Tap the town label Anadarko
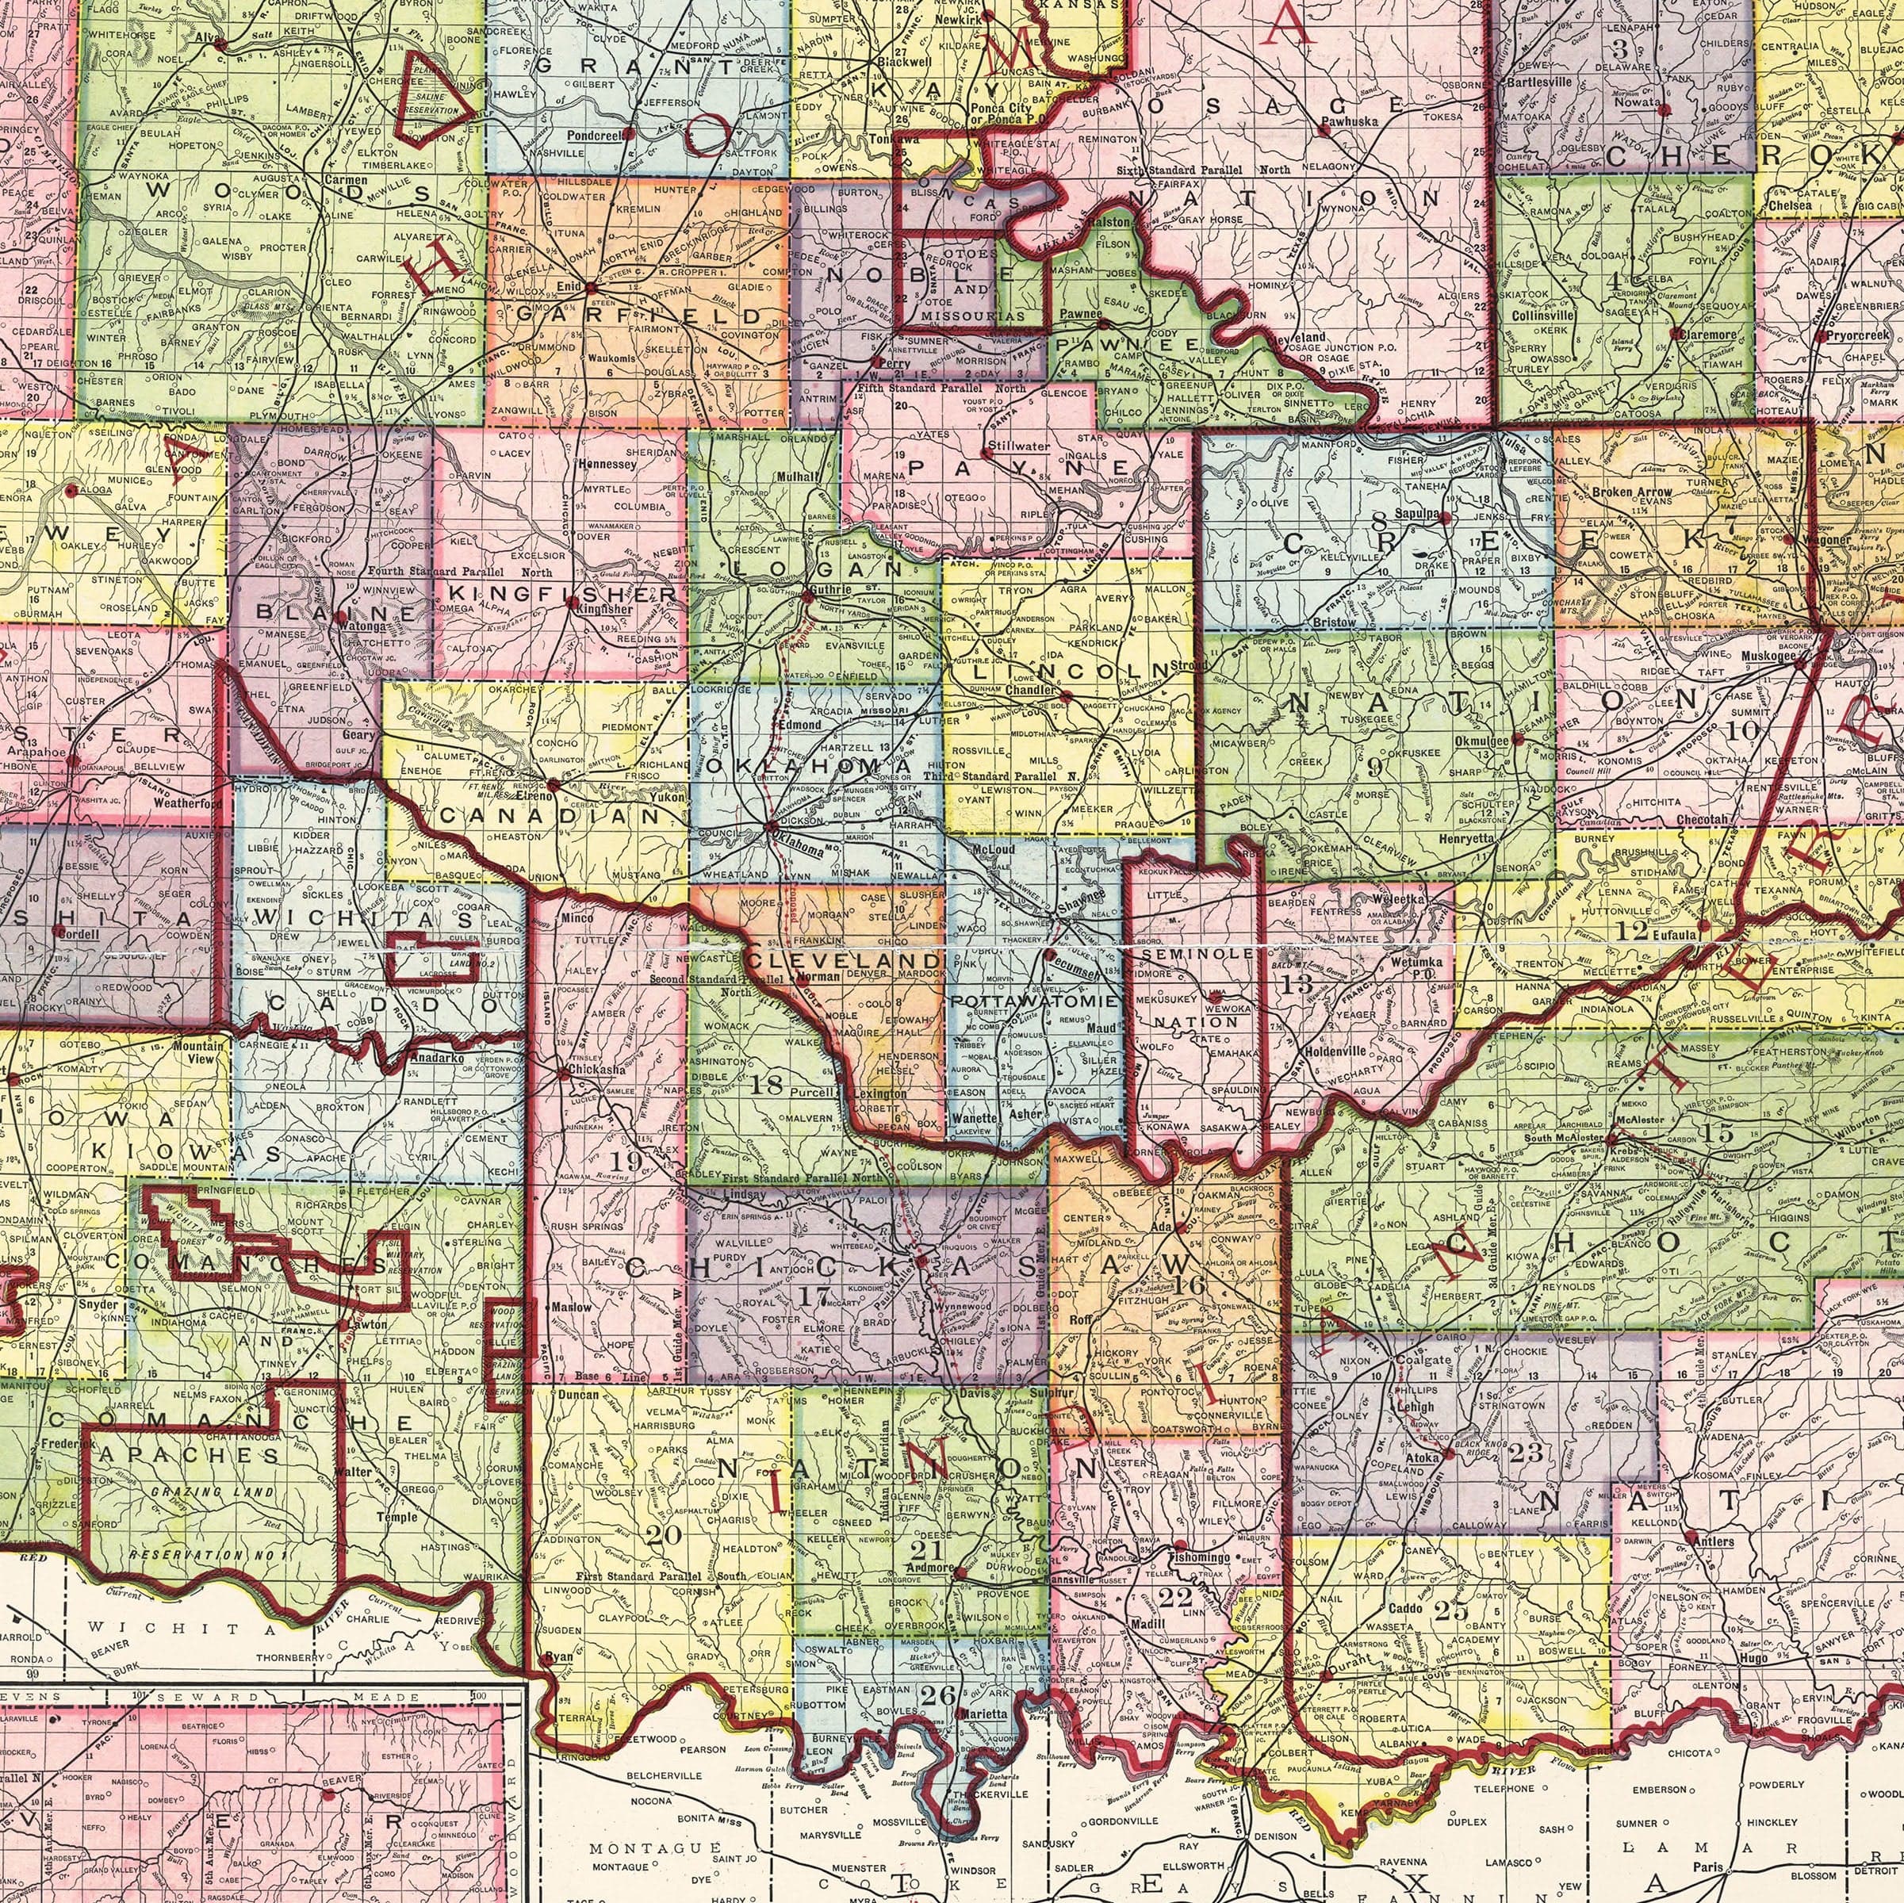pyautogui.click(x=434, y=1059)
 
